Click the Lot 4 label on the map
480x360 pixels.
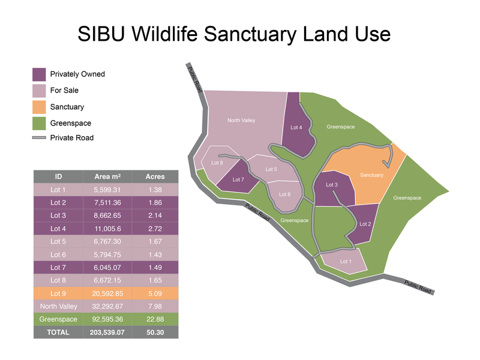coord(296,127)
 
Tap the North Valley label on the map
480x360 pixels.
coord(241,121)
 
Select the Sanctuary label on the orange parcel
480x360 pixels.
coord(371,175)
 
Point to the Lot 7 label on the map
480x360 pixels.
coord(238,180)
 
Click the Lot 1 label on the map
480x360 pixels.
coord(346,261)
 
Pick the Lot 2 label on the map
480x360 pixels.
coord(365,224)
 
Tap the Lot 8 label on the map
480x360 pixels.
coord(217,163)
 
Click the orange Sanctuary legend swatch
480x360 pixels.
coord(39,107)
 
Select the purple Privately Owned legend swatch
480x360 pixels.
coord(39,74)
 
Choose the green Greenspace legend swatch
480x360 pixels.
coord(39,124)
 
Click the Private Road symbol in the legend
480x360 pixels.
coord(39,138)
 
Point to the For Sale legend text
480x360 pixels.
coord(64,91)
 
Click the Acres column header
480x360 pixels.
coord(155,176)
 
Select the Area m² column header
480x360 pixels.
coord(108,176)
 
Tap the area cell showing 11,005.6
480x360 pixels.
coord(108,229)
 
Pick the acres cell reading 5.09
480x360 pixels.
coord(155,293)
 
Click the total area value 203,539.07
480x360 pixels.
coord(108,332)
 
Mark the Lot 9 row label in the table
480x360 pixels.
coord(58,293)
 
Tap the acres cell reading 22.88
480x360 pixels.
coord(155,319)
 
